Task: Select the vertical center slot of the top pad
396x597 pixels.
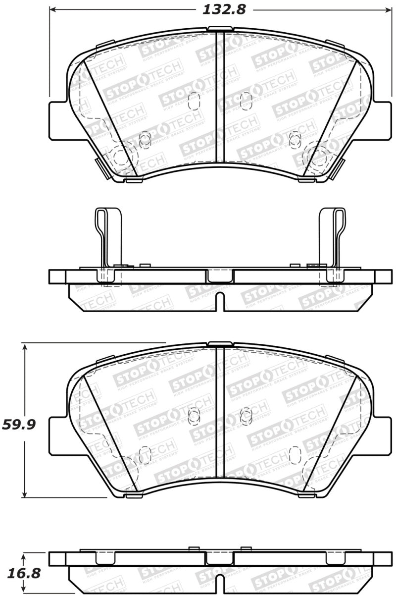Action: point(220,97)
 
